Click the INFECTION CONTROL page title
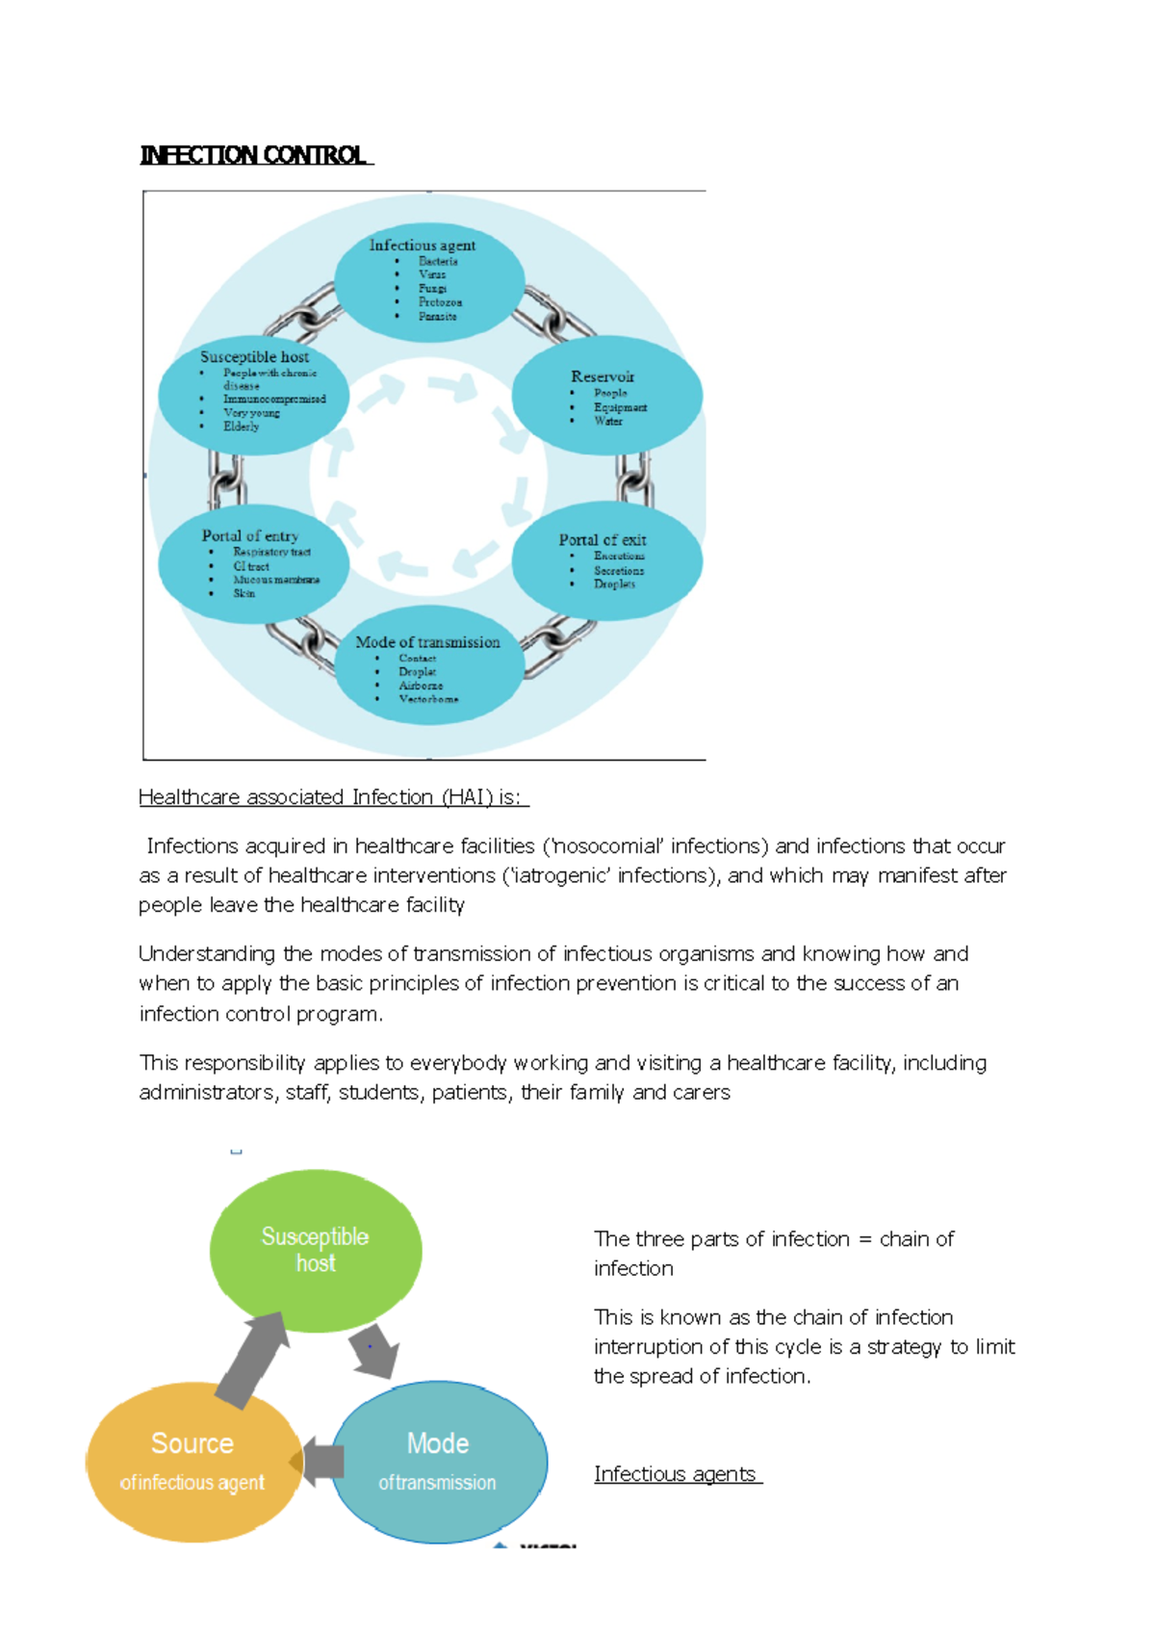click(x=254, y=155)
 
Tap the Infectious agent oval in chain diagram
click(x=428, y=281)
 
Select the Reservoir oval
click(x=606, y=395)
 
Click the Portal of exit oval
click(x=606, y=560)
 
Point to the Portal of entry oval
click(x=253, y=562)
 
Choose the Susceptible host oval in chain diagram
click(x=253, y=395)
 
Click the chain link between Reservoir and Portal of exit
click(x=633, y=478)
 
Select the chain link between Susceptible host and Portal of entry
click(x=227, y=479)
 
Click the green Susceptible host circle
click(x=316, y=1250)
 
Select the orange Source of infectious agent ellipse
click(x=192, y=1461)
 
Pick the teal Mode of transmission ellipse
click(x=439, y=1461)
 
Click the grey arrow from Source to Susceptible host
click(x=252, y=1358)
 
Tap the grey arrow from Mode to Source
click(x=321, y=1461)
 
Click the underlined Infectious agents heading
click(x=676, y=1474)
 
